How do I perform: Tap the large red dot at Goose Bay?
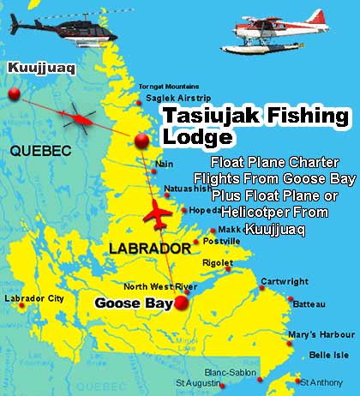pos(181,303)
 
